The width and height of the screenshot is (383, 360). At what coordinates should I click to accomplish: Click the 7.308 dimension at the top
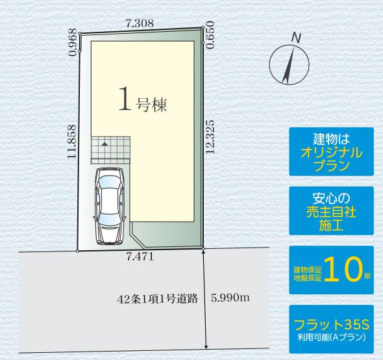(x=140, y=23)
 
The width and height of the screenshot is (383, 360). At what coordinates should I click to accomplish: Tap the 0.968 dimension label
(x=73, y=43)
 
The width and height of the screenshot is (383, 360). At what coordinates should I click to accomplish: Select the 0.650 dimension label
(x=209, y=36)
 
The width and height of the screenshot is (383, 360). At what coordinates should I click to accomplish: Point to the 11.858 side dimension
(x=71, y=142)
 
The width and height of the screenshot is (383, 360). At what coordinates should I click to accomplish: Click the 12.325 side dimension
(x=210, y=137)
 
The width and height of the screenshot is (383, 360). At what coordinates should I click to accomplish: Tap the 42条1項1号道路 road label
(x=157, y=300)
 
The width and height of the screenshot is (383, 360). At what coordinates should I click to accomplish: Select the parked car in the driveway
(x=108, y=206)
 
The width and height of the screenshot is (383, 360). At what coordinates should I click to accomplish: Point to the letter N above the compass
(x=296, y=38)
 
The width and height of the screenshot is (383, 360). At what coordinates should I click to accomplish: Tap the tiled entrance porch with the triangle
(x=111, y=150)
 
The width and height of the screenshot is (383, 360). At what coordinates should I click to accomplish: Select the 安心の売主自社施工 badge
(x=331, y=211)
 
